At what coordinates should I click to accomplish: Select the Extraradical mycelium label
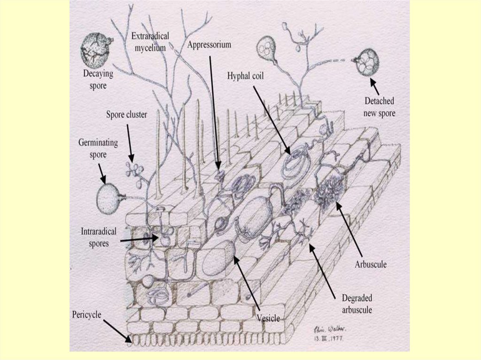click(150, 41)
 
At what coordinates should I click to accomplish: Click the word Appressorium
click(209, 45)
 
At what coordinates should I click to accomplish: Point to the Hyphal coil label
click(245, 75)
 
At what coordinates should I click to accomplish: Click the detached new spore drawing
click(367, 62)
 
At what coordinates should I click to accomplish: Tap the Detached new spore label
click(380, 107)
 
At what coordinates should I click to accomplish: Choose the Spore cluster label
click(126, 115)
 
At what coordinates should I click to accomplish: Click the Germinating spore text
click(98, 148)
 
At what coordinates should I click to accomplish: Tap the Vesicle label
click(268, 319)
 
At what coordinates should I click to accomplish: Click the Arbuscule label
click(371, 264)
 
